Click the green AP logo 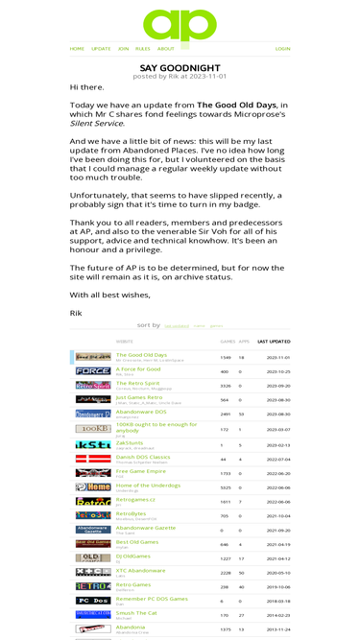pyautogui.click(x=180, y=23)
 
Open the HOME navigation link pyautogui.click(x=77, y=48)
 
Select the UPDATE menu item pyautogui.click(x=101, y=48)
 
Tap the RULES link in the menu pyautogui.click(x=142, y=48)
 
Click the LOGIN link pyautogui.click(x=282, y=48)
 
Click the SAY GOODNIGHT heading pyautogui.click(x=180, y=67)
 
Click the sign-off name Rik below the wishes pyautogui.click(x=76, y=313)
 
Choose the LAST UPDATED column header pyautogui.click(x=274, y=341)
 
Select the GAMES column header pyautogui.click(x=228, y=341)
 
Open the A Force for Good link pyautogui.click(x=138, y=368)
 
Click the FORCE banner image pyautogui.click(x=93, y=370)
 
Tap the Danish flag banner pyautogui.click(x=93, y=459)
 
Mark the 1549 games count pyautogui.click(x=225, y=357)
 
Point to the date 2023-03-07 pyautogui.click(x=277, y=429)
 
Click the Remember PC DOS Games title pyautogui.click(x=151, y=597)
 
